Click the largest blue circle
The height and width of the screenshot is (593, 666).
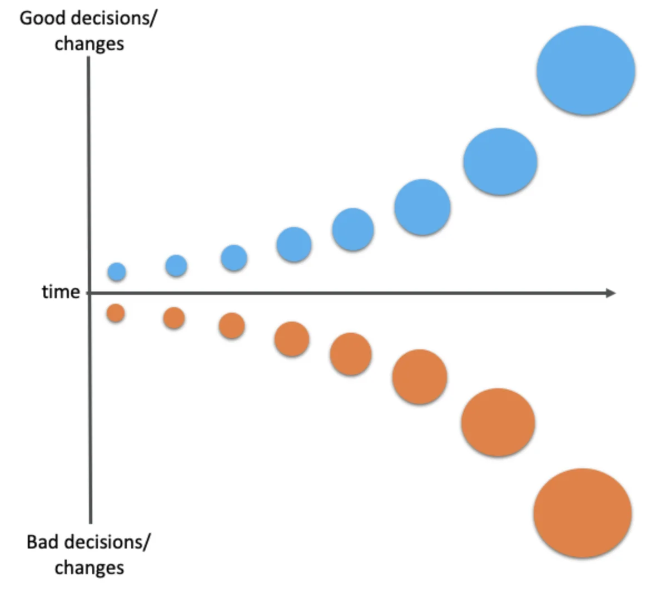[x=585, y=71]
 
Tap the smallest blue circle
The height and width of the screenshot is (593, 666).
[x=117, y=272]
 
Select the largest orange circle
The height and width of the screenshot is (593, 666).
[x=582, y=513]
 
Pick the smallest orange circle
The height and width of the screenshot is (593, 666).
[x=116, y=313]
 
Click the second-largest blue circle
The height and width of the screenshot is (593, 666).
[x=500, y=161]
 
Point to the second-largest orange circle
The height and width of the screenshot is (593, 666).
[x=498, y=422]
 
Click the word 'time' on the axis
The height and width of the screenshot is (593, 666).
[x=61, y=292]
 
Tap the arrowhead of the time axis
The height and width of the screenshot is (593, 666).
[x=610, y=293]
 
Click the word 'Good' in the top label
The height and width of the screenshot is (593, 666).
[x=39, y=18]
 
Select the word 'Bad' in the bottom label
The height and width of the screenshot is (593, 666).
[x=42, y=542]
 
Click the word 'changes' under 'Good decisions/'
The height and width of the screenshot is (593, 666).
[x=89, y=43]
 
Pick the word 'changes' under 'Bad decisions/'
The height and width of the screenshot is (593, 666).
[x=89, y=567]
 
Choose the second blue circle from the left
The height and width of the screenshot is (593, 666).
[x=176, y=266]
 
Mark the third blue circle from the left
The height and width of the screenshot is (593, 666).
[x=234, y=258]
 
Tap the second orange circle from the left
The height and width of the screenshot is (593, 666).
[x=174, y=318]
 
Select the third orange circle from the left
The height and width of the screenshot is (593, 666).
[x=232, y=326]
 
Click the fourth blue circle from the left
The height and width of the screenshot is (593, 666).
[x=294, y=245]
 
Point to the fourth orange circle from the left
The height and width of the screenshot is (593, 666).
[x=292, y=339]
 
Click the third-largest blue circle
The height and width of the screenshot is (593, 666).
[x=422, y=207]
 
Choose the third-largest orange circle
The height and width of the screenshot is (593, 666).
[x=419, y=377]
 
